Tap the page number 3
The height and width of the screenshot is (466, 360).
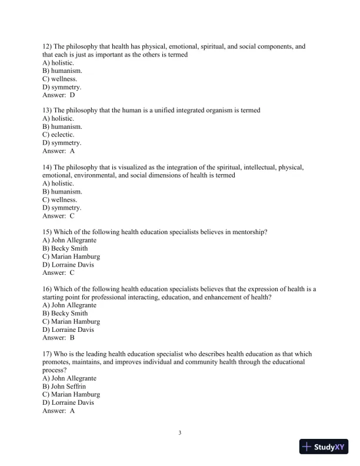[x=180, y=434]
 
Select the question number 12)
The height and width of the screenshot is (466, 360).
[x=47, y=46]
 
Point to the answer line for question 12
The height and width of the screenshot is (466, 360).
[x=59, y=95]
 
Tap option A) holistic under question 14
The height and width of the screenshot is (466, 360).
[x=58, y=184]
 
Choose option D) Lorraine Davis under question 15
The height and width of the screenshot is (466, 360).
[x=68, y=265]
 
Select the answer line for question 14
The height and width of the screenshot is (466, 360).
[x=59, y=216]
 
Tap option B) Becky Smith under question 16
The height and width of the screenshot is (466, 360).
[x=65, y=314]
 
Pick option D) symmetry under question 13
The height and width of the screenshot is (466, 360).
[x=62, y=143]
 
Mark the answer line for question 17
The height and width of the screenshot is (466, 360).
[x=59, y=411]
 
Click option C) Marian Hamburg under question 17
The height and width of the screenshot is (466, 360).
[x=71, y=395]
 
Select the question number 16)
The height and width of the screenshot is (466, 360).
[x=47, y=289]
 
